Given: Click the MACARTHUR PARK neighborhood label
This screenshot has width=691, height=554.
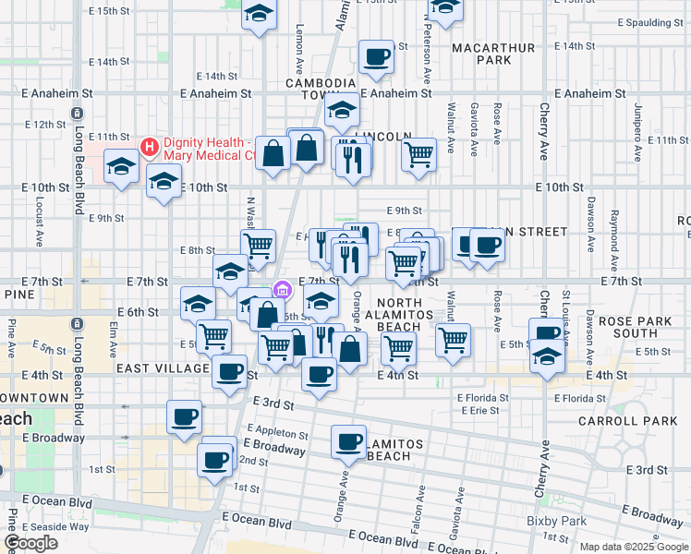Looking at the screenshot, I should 480,54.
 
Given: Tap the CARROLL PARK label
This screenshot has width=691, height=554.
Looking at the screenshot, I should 628,421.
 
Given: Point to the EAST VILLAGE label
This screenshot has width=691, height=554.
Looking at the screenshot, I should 164,368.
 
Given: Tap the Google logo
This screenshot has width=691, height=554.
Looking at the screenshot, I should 30,543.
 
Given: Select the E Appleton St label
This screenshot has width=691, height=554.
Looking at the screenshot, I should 278,432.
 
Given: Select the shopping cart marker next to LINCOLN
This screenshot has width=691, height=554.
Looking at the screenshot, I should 419,154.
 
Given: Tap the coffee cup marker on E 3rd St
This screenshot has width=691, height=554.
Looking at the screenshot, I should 184,416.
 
